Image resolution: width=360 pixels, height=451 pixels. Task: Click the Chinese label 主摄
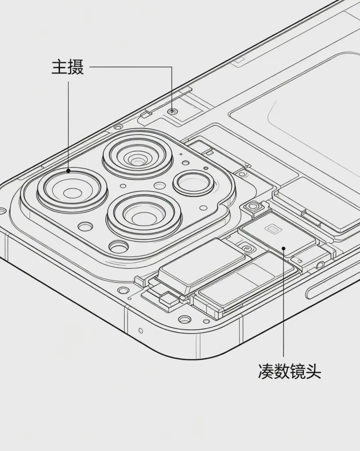(68, 68)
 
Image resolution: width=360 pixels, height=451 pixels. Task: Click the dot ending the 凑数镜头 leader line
(283, 248)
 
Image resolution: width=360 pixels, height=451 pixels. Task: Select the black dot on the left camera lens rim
(69, 171)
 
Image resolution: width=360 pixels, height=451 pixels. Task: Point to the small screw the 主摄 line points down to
(172, 111)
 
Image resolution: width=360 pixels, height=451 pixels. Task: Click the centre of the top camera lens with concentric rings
(137, 159)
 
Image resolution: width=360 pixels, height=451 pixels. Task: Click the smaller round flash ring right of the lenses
(193, 183)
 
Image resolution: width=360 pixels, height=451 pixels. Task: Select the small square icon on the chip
(272, 229)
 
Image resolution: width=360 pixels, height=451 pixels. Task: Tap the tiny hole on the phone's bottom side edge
(141, 330)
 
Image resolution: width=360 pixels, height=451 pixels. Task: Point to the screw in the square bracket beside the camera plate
(253, 206)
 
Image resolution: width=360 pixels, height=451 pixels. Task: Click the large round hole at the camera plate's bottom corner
(119, 247)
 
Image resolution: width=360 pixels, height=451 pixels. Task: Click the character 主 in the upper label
(60, 68)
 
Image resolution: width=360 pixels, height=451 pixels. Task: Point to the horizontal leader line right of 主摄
(131, 67)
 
